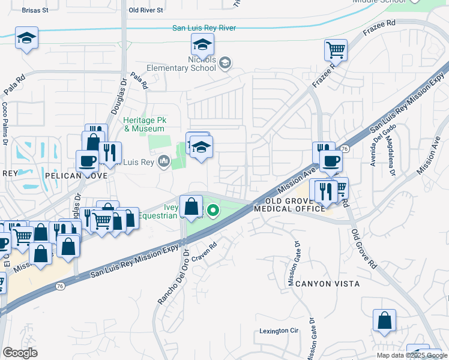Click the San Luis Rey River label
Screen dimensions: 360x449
204,28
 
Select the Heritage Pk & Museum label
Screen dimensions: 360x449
143,124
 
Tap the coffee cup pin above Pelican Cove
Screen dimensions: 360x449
87,161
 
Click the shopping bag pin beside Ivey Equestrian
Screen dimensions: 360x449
191,207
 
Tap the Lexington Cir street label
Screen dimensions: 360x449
279,331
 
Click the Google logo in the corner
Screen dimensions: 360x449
20,353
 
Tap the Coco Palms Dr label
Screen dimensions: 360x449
5,124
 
